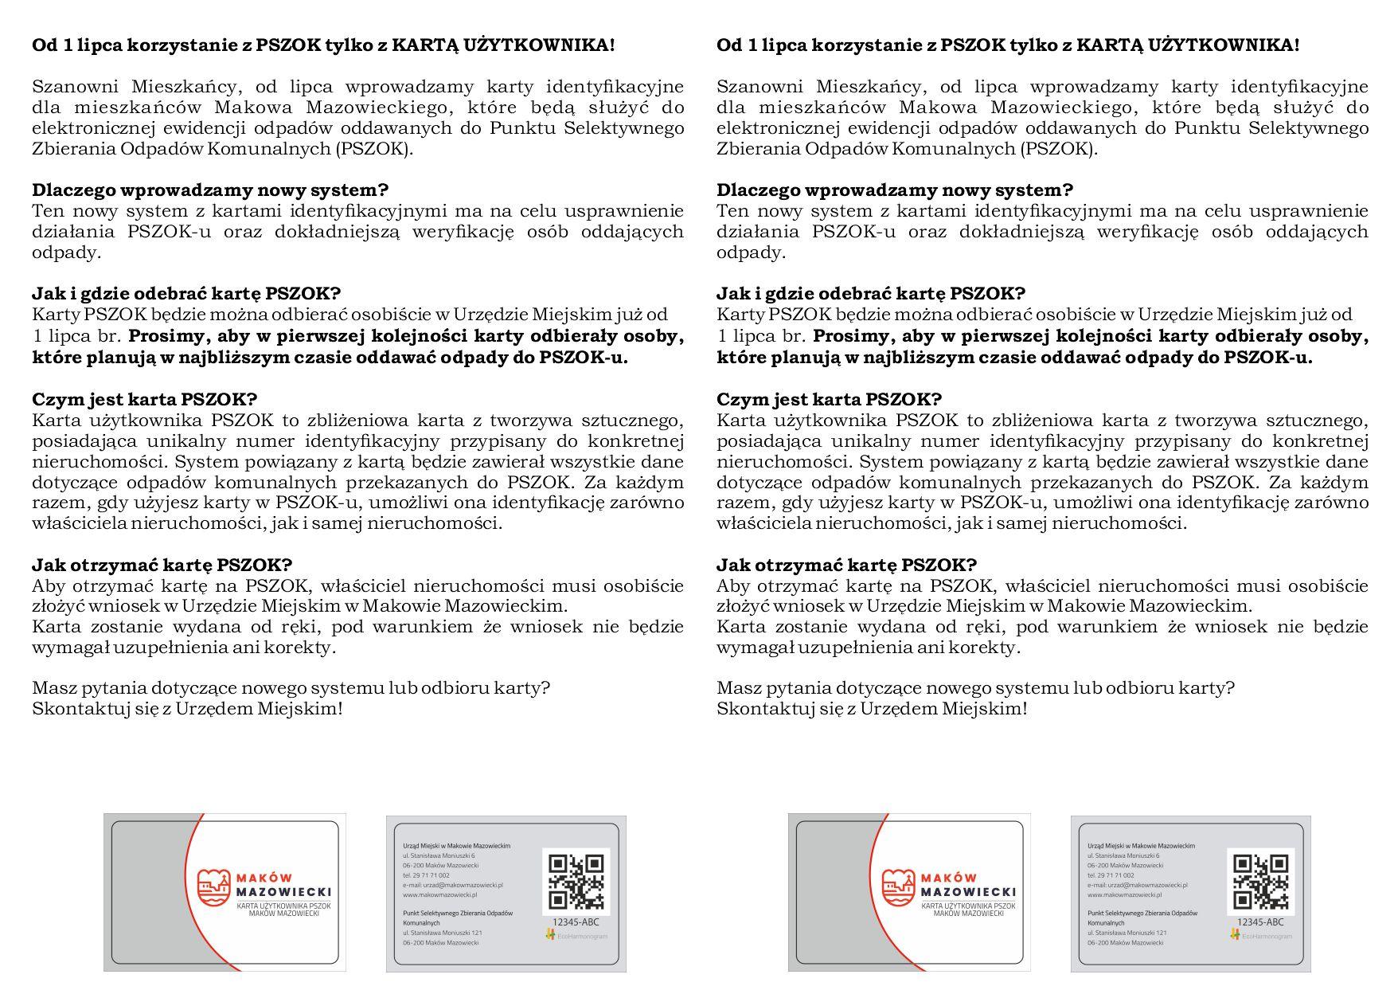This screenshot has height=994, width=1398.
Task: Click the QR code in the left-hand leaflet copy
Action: click(576, 882)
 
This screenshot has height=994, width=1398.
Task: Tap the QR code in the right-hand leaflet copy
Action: click(1261, 882)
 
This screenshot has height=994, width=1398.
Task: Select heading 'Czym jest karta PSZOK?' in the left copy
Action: click(144, 399)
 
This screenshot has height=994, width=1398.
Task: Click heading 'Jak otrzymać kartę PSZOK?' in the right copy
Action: click(846, 565)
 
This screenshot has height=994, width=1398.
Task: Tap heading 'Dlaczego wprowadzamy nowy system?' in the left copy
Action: click(210, 190)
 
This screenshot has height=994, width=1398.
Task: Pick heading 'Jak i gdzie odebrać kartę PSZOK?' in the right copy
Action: click(871, 294)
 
